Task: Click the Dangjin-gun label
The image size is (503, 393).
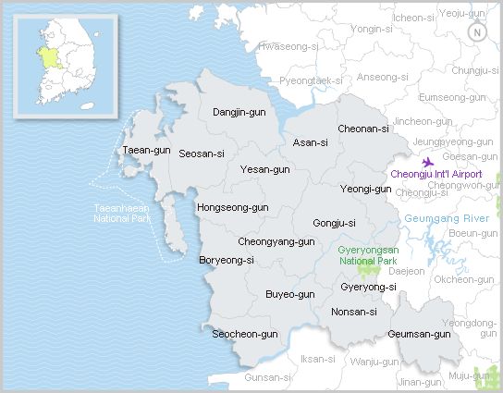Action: click(x=239, y=112)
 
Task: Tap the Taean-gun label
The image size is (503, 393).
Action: click(x=146, y=149)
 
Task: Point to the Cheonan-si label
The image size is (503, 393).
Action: click(x=362, y=129)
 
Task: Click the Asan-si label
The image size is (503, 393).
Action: click(x=310, y=142)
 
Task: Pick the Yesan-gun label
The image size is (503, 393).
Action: click(x=264, y=169)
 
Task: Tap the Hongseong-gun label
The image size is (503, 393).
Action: click(x=232, y=207)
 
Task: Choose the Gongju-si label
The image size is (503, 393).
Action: click(x=334, y=223)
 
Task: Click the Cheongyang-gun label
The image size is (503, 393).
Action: click(x=276, y=241)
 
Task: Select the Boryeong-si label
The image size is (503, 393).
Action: click(x=227, y=260)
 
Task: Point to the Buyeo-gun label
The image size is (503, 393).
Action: click(x=289, y=294)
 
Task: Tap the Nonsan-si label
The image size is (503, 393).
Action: click(x=353, y=312)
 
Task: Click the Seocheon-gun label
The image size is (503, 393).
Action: click(x=245, y=334)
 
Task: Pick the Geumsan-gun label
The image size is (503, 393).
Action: click(x=418, y=334)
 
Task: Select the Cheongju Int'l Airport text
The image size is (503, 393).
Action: click(x=436, y=174)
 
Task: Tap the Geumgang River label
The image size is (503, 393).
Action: click(x=446, y=218)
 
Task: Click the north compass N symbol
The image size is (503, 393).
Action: click(x=477, y=32)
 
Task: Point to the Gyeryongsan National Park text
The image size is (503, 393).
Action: click(x=368, y=255)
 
